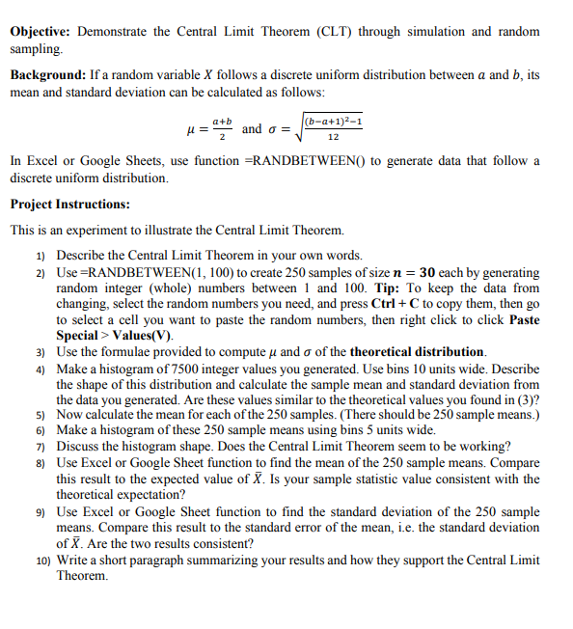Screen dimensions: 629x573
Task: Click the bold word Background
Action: point(47,75)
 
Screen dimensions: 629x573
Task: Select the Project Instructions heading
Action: point(68,205)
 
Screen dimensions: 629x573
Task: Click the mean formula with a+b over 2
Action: point(211,128)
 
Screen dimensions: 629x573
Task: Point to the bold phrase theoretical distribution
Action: point(418,350)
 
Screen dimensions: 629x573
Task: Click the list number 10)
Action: point(41,560)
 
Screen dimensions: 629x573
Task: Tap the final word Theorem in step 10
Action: point(83,575)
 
